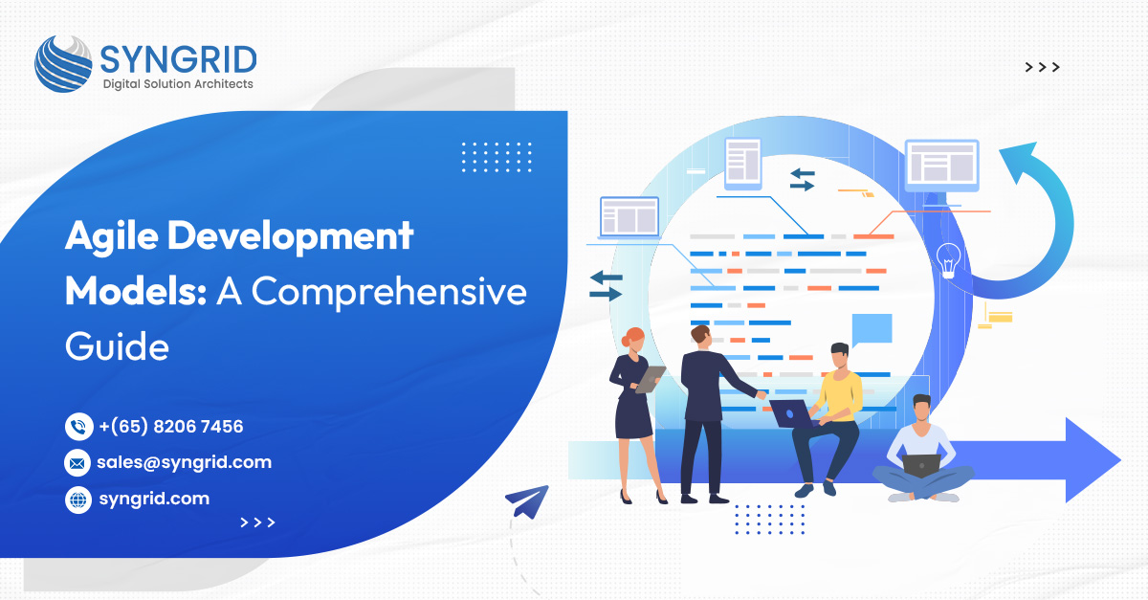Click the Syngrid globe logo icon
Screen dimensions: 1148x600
click(63, 64)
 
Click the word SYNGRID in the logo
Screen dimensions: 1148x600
click(178, 59)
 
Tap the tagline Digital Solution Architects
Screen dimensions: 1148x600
click(178, 84)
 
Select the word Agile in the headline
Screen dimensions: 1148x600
click(112, 237)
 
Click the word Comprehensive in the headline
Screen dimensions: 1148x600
click(389, 292)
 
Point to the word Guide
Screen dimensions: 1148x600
click(117, 346)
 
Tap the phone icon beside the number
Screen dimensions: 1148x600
click(78, 426)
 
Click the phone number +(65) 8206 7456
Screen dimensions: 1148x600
click(170, 426)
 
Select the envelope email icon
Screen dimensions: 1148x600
click(77, 463)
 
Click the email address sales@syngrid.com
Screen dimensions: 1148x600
click(184, 462)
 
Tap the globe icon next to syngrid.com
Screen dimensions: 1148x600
click(78, 500)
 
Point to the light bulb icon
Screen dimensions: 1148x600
click(949, 260)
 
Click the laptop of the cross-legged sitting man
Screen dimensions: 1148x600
click(921, 466)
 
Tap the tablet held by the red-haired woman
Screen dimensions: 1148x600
click(651, 380)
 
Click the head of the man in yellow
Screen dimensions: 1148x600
click(840, 355)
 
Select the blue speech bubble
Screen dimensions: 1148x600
click(872, 330)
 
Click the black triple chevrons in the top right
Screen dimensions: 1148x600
click(1042, 67)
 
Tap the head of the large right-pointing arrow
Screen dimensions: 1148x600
click(1093, 460)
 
